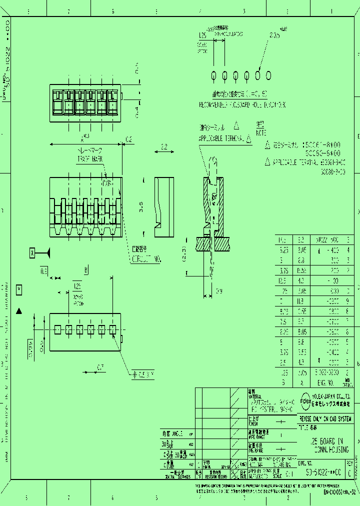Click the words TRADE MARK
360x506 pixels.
(x=90, y=158)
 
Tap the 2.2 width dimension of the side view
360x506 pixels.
(x=164, y=147)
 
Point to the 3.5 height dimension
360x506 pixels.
(x=141, y=205)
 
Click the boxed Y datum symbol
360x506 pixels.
(x=19, y=289)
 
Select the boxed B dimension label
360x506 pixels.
(x=86, y=270)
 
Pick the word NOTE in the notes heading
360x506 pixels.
(x=261, y=133)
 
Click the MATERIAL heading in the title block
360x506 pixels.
(x=255, y=395)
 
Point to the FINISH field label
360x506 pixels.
(x=253, y=423)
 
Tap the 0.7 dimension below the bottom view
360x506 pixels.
(x=101, y=367)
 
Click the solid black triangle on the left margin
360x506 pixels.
(x=19, y=311)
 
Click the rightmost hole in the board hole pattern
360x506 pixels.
(x=268, y=75)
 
